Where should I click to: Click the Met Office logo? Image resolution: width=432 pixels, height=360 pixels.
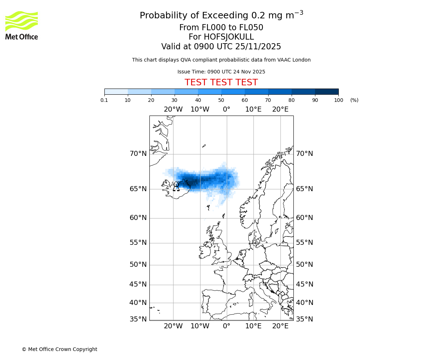(22, 25)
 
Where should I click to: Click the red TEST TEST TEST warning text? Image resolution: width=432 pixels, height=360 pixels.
(221, 82)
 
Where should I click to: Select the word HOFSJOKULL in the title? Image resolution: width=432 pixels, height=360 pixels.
(229, 37)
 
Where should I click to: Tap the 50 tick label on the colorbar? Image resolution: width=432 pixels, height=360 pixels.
(221, 100)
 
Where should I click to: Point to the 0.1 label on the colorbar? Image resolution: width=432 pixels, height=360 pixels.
(104, 100)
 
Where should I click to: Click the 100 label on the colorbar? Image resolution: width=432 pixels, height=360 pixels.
(338, 100)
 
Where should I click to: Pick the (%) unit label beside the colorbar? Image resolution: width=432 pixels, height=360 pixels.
(354, 100)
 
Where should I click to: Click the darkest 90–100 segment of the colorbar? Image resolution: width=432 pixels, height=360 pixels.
(327, 91)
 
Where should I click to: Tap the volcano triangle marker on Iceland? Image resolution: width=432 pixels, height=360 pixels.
(176, 187)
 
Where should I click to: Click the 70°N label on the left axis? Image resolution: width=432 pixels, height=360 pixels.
(138, 154)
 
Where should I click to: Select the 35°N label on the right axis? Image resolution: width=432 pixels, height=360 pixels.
(305, 319)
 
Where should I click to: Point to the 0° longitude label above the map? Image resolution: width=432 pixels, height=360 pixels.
(226, 109)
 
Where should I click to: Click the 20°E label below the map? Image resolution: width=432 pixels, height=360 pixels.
(280, 326)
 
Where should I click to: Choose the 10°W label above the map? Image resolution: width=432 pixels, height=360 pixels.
(200, 109)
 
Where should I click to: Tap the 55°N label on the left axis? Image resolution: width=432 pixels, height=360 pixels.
(138, 243)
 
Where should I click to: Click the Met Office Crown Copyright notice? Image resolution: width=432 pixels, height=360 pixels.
(59, 349)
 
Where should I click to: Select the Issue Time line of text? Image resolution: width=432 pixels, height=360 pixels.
(221, 72)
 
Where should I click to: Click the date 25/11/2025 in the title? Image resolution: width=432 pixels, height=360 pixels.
(258, 47)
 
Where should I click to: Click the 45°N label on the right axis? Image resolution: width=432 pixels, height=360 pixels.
(305, 284)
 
